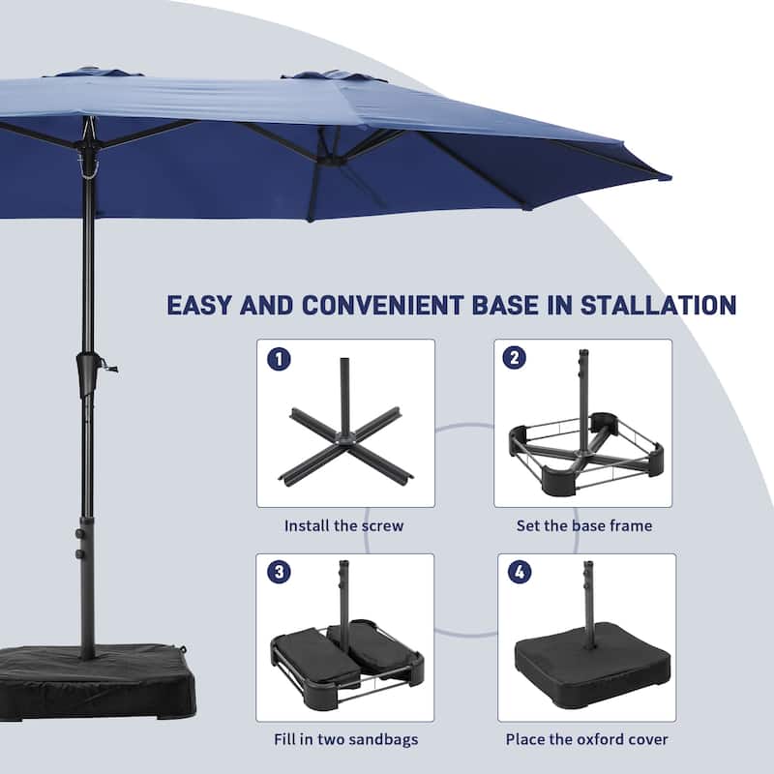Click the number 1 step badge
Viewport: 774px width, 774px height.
coord(279,359)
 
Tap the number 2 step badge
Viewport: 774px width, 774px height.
coord(515,357)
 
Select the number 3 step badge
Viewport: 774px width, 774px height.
coord(279,572)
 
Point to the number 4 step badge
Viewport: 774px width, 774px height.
coord(520,572)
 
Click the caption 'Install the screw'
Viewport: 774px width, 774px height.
coord(344,525)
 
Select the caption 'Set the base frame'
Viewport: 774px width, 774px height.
coord(584,525)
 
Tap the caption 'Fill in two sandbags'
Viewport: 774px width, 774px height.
coord(346,739)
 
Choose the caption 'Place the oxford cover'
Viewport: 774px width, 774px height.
coord(586,739)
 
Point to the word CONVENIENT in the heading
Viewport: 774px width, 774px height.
coord(382,305)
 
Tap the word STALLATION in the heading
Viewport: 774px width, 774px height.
coord(658,305)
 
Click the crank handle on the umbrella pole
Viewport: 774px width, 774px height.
coord(109,367)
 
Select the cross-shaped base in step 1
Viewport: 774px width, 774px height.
coord(346,429)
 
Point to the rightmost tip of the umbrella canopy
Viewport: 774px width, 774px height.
coord(671,177)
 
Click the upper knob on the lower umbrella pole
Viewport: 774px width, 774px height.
coord(78,534)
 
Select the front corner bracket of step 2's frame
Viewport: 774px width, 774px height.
coord(559,480)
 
